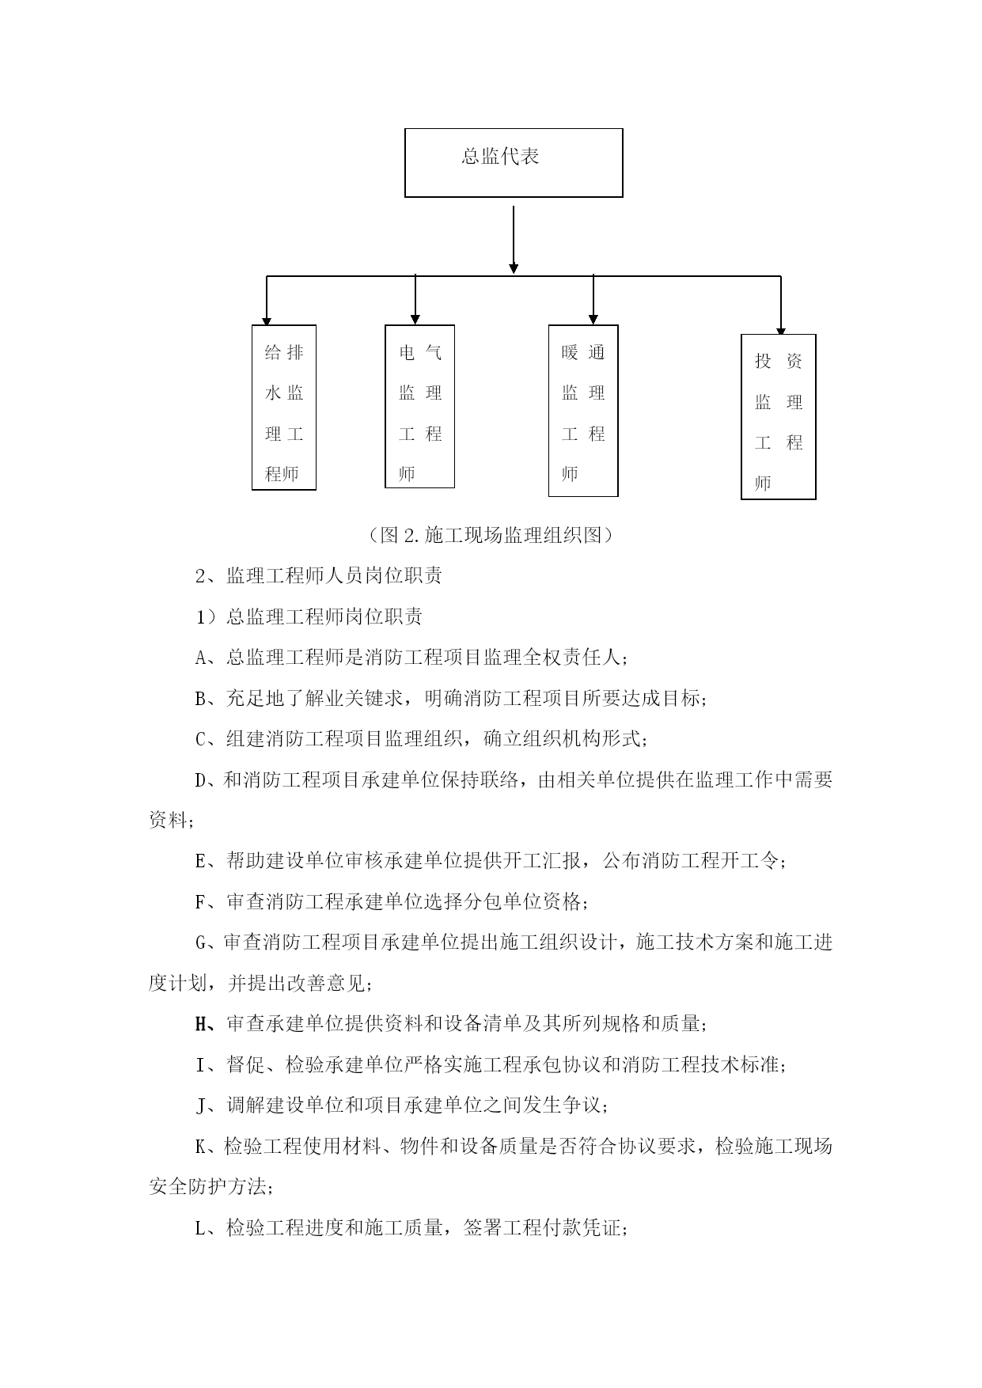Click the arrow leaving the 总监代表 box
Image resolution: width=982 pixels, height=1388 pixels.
pos(514,240)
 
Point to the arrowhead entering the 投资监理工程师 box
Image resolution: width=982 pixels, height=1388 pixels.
pos(781,330)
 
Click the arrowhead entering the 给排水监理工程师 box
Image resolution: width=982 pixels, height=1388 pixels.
pos(267,320)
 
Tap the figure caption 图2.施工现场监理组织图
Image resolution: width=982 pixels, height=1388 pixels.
pos(491,535)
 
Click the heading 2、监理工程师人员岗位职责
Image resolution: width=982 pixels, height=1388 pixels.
pos(318,575)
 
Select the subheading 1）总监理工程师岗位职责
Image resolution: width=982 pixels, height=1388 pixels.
pos(309,616)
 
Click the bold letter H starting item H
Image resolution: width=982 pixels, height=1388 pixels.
pos(200,1024)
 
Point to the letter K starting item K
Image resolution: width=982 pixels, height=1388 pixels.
pos(200,1146)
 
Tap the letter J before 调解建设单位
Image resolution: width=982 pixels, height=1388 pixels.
pos(200,1105)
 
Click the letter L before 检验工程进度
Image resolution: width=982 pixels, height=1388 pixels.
pos(200,1228)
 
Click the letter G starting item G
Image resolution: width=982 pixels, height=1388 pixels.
pos(200,942)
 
